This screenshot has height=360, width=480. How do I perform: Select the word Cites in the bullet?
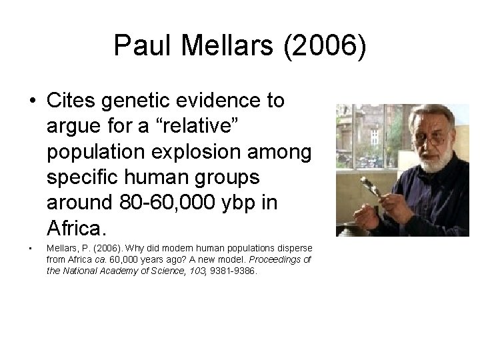(x=74, y=101)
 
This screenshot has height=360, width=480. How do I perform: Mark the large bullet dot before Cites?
(x=31, y=101)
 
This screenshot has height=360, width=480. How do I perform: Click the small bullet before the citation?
(x=31, y=249)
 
